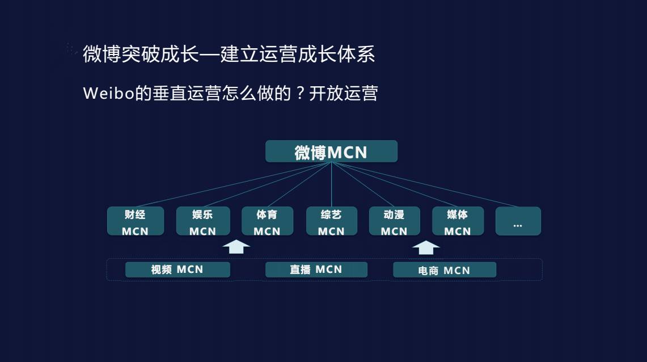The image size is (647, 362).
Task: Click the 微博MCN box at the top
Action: point(331,152)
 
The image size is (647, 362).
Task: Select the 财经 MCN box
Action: point(135,221)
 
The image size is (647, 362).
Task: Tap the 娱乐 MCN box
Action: point(202,221)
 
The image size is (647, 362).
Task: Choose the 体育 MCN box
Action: point(267,221)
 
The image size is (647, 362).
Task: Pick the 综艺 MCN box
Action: point(331,221)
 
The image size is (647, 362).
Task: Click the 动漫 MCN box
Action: point(394,221)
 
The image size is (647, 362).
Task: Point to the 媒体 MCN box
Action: point(458,221)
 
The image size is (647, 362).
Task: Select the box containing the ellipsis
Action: point(518,221)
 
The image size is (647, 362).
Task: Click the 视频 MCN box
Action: point(177,270)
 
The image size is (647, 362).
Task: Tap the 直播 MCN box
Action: point(316,270)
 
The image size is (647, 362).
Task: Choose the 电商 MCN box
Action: point(445,270)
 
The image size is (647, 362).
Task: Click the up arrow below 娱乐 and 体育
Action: point(236,247)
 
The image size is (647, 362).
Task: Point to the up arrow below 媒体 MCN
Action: point(426,248)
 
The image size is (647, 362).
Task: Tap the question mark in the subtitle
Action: point(301,94)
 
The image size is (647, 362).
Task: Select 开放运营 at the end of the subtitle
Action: point(344,94)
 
